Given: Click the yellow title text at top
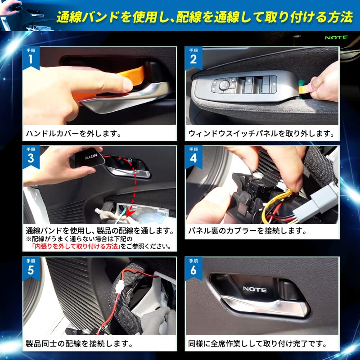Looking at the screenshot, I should pos(204,18).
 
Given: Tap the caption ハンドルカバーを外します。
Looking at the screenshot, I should pos(73,134).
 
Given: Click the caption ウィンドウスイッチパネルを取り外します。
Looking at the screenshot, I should pos(261,134).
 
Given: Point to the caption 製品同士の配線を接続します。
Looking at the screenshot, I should pos(79,344).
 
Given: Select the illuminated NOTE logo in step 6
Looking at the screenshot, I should pos(255,289).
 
